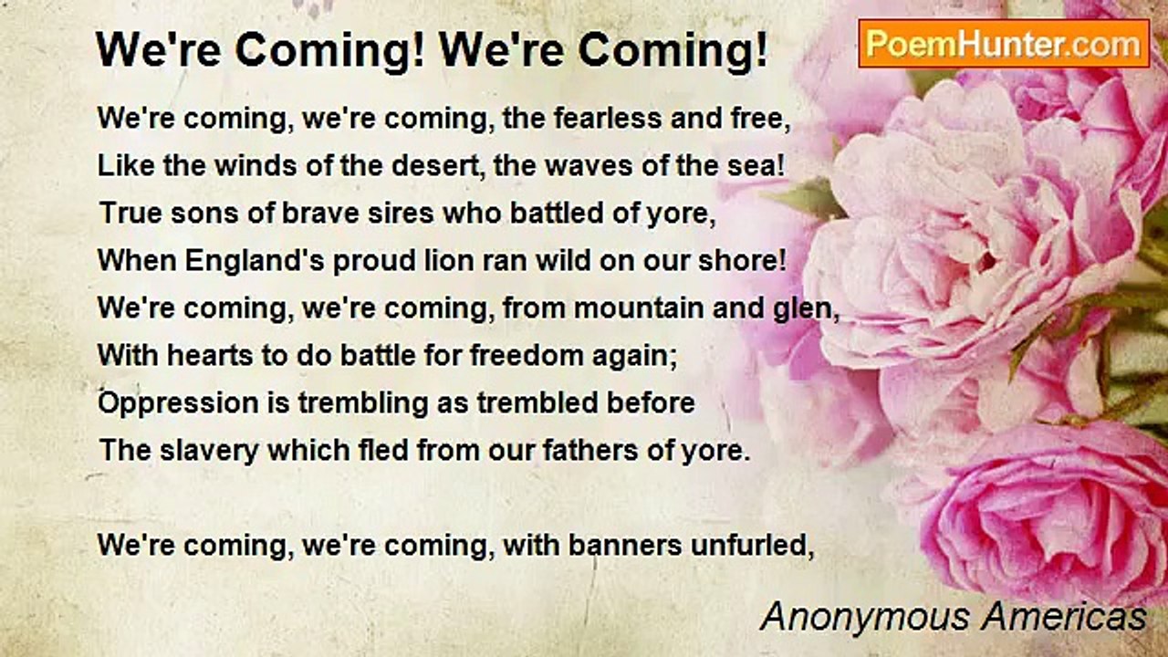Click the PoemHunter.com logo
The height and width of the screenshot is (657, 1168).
[1004, 44]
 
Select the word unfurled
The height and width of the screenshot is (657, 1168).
[752, 545]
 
